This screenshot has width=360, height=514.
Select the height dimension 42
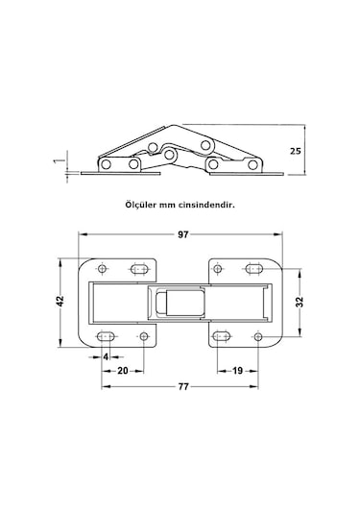click(x=60, y=301)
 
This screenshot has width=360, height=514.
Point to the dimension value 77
click(x=182, y=385)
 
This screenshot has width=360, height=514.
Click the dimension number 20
click(x=124, y=370)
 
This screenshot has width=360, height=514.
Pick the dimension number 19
click(x=236, y=370)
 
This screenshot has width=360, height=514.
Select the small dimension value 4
click(x=105, y=355)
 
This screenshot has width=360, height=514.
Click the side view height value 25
click(x=300, y=151)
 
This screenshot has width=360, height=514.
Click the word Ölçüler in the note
click(x=142, y=205)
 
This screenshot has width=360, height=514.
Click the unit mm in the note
click(x=173, y=205)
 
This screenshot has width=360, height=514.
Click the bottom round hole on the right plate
click(x=258, y=336)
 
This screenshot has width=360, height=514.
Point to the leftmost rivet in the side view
click(x=107, y=164)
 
